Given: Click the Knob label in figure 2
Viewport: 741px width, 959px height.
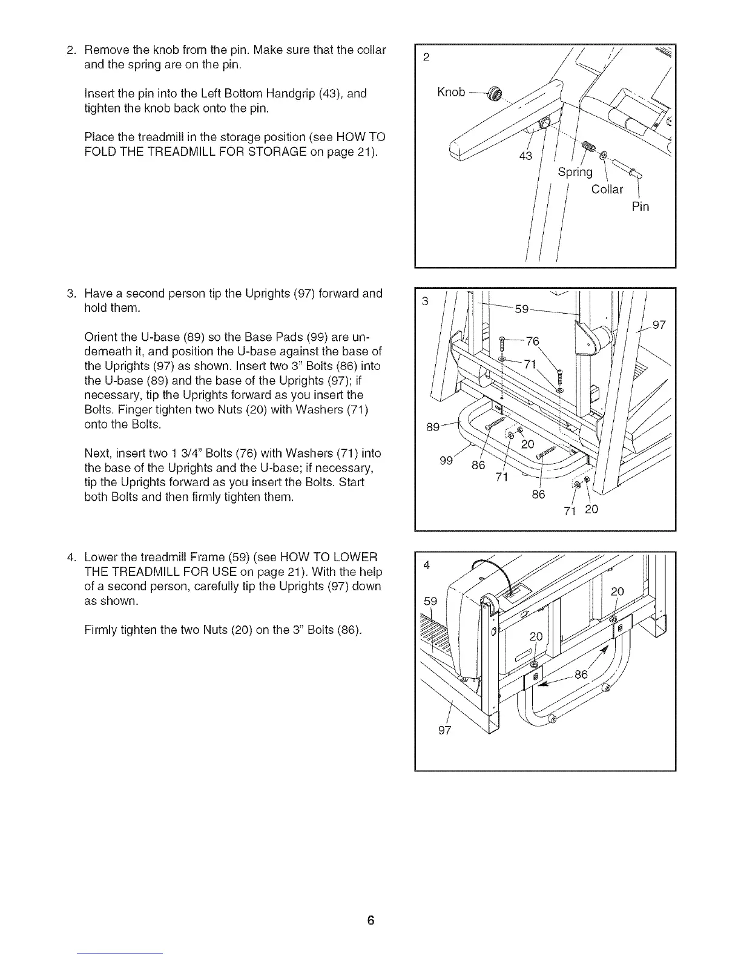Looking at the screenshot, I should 450,92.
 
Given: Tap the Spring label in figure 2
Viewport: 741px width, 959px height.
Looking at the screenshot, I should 575,173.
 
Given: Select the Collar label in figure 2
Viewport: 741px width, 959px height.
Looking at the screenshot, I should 607,189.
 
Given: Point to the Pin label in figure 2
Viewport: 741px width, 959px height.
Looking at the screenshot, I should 640,206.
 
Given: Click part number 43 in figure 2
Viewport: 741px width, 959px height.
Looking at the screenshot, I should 525,156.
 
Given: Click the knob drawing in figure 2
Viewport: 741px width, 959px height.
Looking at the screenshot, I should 498,94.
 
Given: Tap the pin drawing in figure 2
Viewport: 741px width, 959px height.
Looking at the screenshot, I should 626,166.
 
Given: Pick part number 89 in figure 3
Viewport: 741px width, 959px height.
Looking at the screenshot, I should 432,427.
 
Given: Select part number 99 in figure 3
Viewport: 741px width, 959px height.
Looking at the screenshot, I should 447,461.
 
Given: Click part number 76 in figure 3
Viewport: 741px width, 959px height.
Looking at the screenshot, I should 532,341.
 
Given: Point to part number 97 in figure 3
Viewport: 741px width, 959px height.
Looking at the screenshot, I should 659,325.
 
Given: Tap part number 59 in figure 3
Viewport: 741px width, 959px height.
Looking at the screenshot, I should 522,310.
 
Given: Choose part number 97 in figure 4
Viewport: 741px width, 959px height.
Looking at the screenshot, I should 444,730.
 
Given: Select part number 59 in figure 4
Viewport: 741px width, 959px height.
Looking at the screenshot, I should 430,601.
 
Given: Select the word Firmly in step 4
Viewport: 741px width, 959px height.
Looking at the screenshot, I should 104,630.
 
